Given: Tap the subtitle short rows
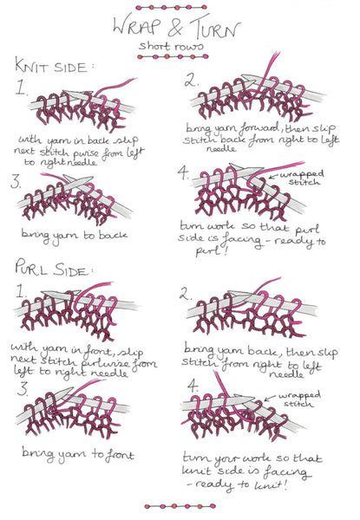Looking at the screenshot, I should [180, 45].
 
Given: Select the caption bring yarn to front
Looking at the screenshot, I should [69, 452].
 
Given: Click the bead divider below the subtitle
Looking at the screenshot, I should [180, 57].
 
